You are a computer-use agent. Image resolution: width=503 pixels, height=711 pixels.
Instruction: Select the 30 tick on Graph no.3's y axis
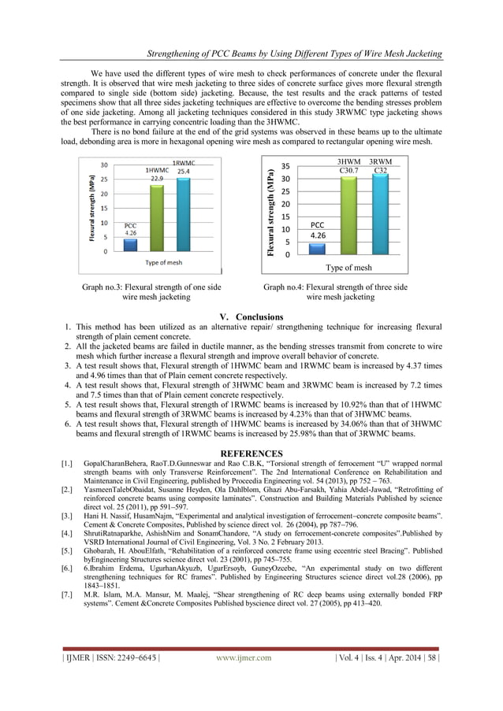[x=102, y=165]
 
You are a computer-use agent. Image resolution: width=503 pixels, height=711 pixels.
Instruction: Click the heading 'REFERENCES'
[x=251, y=454]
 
